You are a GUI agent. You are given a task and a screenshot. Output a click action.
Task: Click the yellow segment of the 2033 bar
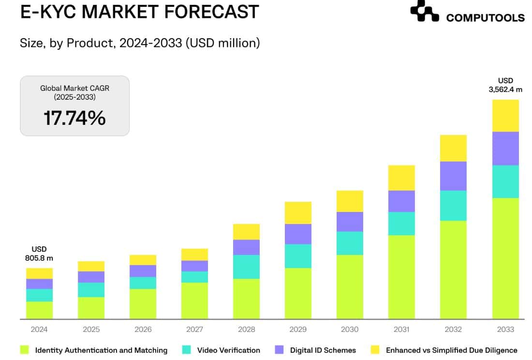click(505, 116)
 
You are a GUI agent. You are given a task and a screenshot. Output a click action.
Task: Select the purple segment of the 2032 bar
click(453, 176)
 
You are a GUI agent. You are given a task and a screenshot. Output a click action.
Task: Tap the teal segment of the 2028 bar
click(246, 267)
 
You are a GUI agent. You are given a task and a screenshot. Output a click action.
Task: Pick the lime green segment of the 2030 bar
click(350, 287)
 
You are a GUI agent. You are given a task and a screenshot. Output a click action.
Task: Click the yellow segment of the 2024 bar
click(39, 273)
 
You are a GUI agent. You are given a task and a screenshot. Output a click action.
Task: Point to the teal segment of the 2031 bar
click(401, 224)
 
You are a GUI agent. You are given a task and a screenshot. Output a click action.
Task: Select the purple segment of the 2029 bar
click(298, 234)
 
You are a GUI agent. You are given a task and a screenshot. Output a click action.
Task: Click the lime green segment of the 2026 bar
click(143, 304)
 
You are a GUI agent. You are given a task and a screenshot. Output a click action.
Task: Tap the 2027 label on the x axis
click(194, 330)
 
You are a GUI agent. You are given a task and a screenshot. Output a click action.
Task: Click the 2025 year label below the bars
click(91, 330)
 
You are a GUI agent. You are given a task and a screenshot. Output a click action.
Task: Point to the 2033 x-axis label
click(505, 330)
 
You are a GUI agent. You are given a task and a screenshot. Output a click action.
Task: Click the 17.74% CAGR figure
click(74, 118)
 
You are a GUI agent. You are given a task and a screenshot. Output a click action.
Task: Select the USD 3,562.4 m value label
click(505, 85)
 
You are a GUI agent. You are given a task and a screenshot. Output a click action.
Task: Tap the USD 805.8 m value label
click(39, 254)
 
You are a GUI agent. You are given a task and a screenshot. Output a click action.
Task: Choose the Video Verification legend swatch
click(187, 350)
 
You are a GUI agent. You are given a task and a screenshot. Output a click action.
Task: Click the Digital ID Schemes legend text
click(323, 350)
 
